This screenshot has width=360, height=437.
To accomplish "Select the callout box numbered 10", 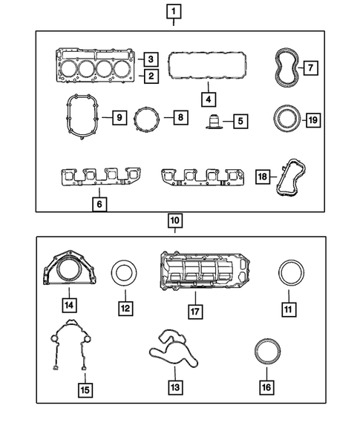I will click(173, 220).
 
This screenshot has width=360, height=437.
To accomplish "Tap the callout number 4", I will click(209, 98).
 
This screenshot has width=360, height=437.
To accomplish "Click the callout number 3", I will click(151, 59).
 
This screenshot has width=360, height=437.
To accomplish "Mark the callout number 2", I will click(151, 76).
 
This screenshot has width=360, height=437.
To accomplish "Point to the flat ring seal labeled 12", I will click(124, 274).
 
